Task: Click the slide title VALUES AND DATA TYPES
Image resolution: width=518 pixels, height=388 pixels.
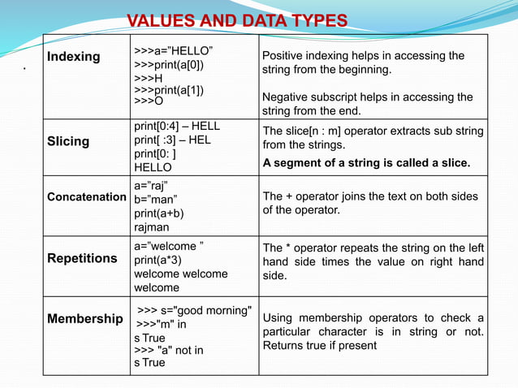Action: [x=237, y=20]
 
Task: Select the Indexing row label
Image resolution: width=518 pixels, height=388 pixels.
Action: [x=73, y=57]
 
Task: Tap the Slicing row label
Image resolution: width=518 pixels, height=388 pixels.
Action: [x=68, y=141]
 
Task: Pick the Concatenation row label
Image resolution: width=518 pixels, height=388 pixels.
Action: [x=87, y=197]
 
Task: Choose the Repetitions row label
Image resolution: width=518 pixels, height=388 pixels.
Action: [x=82, y=258]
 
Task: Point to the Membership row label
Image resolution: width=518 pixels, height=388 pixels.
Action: [x=84, y=319]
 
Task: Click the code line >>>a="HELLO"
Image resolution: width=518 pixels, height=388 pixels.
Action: [x=173, y=51]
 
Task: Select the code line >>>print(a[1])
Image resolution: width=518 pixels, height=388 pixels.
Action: [x=169, y=89]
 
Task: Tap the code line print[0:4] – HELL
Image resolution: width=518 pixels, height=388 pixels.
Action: [x=177, y=127]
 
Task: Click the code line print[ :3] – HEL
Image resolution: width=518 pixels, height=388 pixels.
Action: [x=172, y=140]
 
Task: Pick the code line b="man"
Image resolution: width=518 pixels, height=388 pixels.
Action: [x=155, y=200]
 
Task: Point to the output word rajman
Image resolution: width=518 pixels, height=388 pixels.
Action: [x=153, y=228]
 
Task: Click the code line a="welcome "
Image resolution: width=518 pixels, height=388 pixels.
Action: [x=169, y=246]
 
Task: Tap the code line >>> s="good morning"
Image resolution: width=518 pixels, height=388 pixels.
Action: [x=194, y=310]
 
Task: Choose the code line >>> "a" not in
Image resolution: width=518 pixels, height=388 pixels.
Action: [x=169, y=350]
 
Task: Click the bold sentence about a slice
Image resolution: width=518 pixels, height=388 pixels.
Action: [x=366, y=163]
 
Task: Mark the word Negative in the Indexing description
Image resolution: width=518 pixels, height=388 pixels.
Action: [x=287, y=97]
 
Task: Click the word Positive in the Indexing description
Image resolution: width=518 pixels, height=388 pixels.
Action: [x=284, y=56]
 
